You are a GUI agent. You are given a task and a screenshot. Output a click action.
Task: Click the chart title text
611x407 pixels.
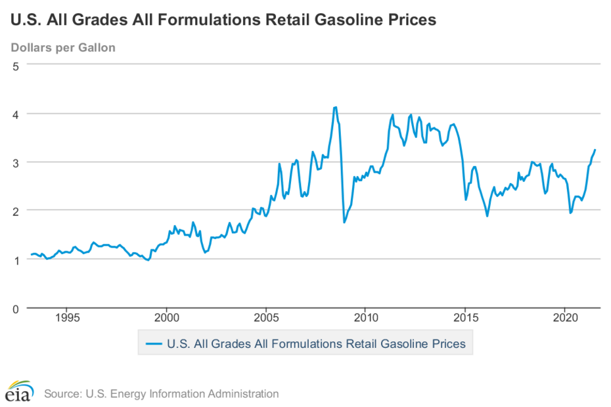223,20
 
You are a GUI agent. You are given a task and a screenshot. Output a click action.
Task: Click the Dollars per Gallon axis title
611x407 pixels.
63,47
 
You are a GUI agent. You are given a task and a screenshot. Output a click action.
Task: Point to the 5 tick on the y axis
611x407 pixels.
15,66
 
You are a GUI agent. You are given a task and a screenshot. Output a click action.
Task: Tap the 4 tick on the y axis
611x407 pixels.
15,114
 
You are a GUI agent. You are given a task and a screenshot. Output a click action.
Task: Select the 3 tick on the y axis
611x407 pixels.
15,162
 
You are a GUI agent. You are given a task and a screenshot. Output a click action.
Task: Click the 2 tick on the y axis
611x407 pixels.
15,210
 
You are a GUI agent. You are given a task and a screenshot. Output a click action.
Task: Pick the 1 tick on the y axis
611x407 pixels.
15,259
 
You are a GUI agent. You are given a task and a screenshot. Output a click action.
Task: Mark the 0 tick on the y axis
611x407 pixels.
15,307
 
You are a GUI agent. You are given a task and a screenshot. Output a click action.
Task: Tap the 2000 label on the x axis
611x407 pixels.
167,318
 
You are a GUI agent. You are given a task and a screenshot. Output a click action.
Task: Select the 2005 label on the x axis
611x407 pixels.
266,318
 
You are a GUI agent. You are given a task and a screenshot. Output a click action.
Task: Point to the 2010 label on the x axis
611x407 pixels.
366,318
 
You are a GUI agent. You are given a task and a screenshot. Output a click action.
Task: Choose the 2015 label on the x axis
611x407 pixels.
465,318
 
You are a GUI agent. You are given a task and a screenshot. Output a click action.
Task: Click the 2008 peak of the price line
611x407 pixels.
336,107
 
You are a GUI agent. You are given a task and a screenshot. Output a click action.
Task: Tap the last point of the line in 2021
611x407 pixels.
595,150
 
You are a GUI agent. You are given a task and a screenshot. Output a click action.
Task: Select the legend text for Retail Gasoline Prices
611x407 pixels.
316,343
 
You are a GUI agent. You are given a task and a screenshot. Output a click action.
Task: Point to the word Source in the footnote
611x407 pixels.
62,394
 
